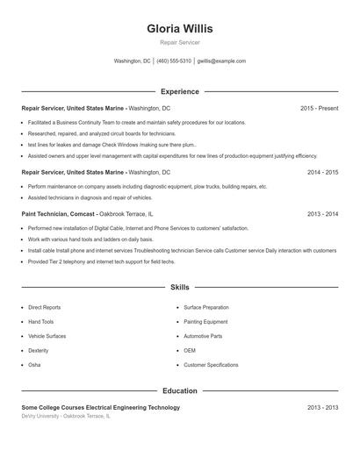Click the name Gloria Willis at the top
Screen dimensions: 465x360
[x=180, y=29]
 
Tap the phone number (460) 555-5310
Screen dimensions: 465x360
[x=174, y=61]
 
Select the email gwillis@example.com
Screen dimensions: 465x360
[x=221, y=61]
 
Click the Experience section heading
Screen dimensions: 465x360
[x=180, y=91]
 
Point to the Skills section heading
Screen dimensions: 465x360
[x=180, y=287]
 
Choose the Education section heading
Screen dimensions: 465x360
[x=180, y=391]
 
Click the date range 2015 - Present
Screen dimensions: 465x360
[x=319, y=108]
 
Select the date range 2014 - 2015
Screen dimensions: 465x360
[x=322, y=173]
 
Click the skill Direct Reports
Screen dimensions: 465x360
[x=45, y=308]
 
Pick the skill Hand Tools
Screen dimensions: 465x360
[x=41, y=322]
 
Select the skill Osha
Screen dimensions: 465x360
[x=34, y=365]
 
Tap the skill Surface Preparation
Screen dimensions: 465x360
[x=206, y=308]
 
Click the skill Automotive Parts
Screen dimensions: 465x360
[x=203, y=336]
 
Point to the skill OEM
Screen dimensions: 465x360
[x=190, y=351]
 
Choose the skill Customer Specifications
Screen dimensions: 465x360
[x=211, y=365]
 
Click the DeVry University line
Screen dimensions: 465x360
[x=66, y=416]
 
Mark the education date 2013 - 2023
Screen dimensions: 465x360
[x=322, y=408]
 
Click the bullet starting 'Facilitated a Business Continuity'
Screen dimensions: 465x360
[x=136, y=123]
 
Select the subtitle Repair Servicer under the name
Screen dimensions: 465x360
[x=180, y=43]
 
